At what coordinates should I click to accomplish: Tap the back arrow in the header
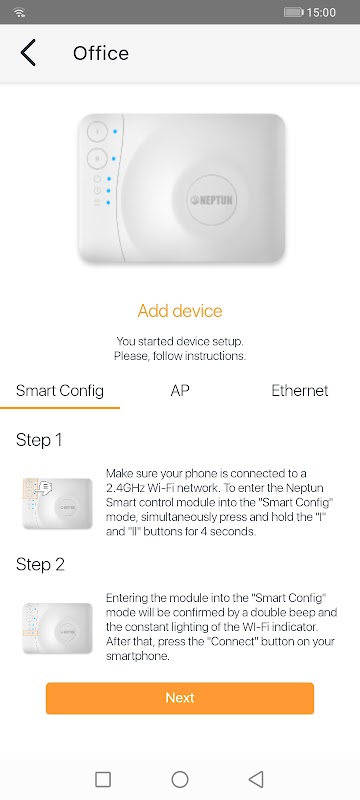click(28, 53)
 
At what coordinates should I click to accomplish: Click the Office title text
click(101, 53)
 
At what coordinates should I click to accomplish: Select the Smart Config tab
click(60, 391)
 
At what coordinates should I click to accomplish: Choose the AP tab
click(180, 390)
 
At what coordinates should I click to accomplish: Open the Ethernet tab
click(300, 390)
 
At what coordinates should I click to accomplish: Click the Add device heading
click(180, 311)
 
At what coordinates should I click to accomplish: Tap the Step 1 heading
click(39, 440)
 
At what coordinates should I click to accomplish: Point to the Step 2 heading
click(40, 564)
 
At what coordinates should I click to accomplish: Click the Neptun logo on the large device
click(211, 199)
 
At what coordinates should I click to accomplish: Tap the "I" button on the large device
click(97, 131)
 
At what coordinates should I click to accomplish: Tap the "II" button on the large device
click(97, 158)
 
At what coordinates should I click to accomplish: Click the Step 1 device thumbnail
click(58, 503)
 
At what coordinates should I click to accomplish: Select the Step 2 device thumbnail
click(58, 628)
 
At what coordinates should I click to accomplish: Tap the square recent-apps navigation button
click(103, 779)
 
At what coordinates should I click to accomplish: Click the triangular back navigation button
click(256, 779)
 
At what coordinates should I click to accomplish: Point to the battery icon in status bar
click(294, 12)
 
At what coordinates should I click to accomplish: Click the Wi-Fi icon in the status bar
click(20, 12)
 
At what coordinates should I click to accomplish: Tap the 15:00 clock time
click(321, 12)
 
